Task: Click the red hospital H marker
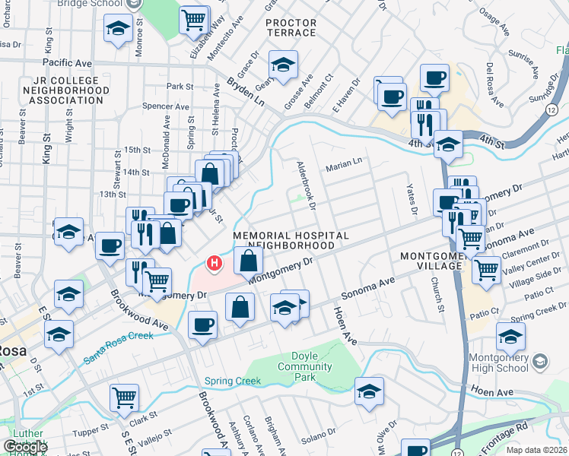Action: click(215, 264)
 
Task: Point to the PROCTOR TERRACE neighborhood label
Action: click(291, 28)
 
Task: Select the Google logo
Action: click(25, 447)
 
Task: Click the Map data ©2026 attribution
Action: click(536, 450)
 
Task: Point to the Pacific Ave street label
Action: click(67, 62)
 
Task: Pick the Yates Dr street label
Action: click(412, 196)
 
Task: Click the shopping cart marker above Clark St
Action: click(125, 397)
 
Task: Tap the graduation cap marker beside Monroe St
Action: click(118, 30)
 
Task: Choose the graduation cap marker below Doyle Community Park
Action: click(369, 391)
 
